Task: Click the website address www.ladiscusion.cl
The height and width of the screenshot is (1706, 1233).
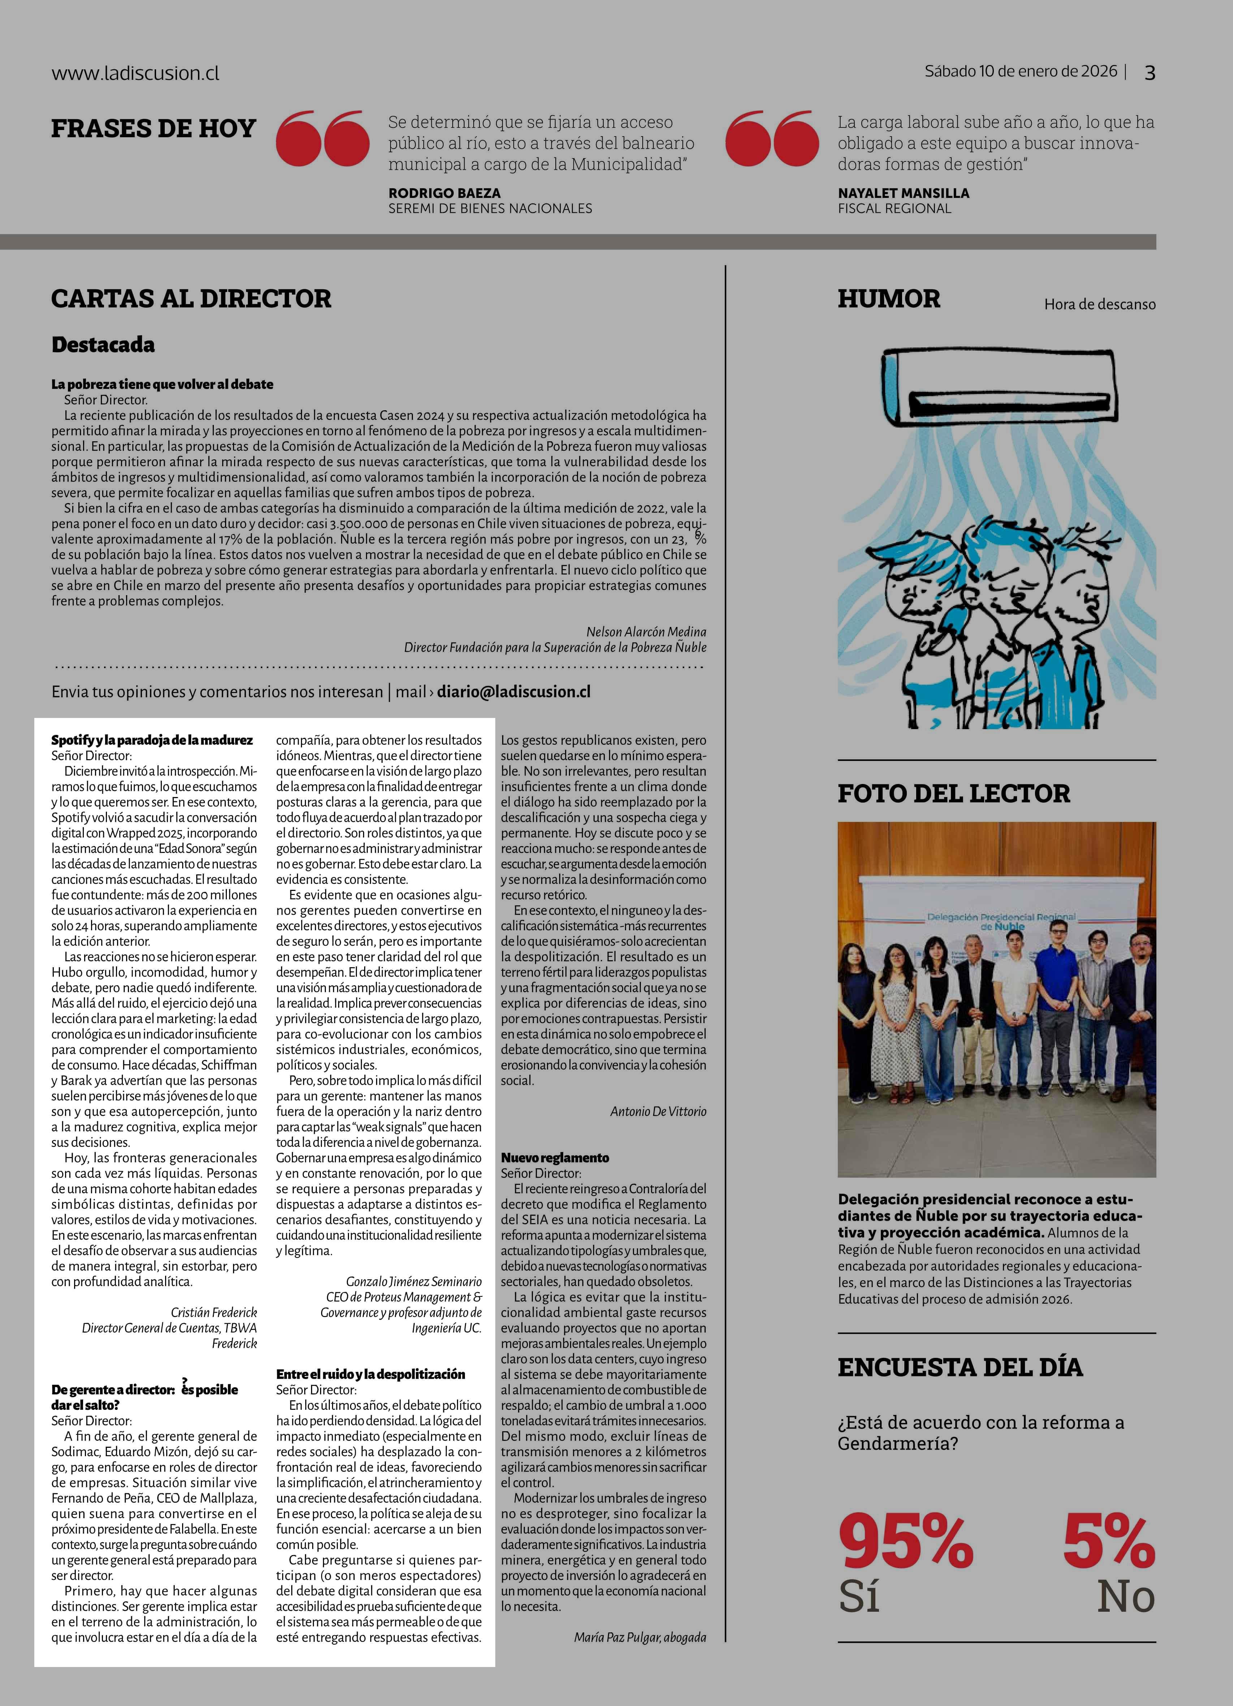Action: pos(135,74)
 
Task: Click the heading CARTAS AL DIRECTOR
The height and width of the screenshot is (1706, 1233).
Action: pos(191,299)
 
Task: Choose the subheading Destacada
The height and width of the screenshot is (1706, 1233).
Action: pos(103,345)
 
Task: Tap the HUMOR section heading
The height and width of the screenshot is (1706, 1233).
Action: pos(888,299)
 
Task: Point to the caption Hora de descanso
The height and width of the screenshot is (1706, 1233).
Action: pos(1099,305)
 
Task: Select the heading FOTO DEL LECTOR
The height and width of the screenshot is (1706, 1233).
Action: pos(953,793)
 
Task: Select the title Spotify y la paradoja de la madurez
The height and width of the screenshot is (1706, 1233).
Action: pos(152,740)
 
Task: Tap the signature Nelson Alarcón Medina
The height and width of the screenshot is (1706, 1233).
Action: pos(646,632)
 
